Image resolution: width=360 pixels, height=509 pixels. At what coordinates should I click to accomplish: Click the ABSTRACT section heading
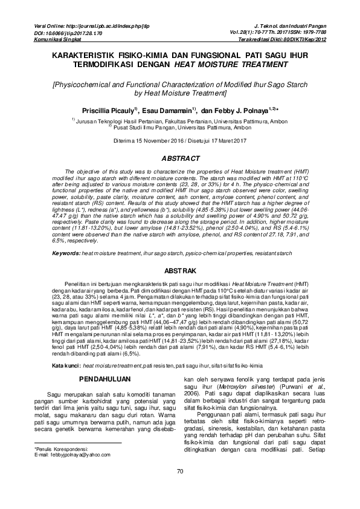coord(179,158)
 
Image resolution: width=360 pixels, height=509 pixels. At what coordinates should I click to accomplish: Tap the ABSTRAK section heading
coord(179,271)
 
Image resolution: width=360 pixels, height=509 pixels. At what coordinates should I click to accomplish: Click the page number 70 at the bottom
coord(179,488)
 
